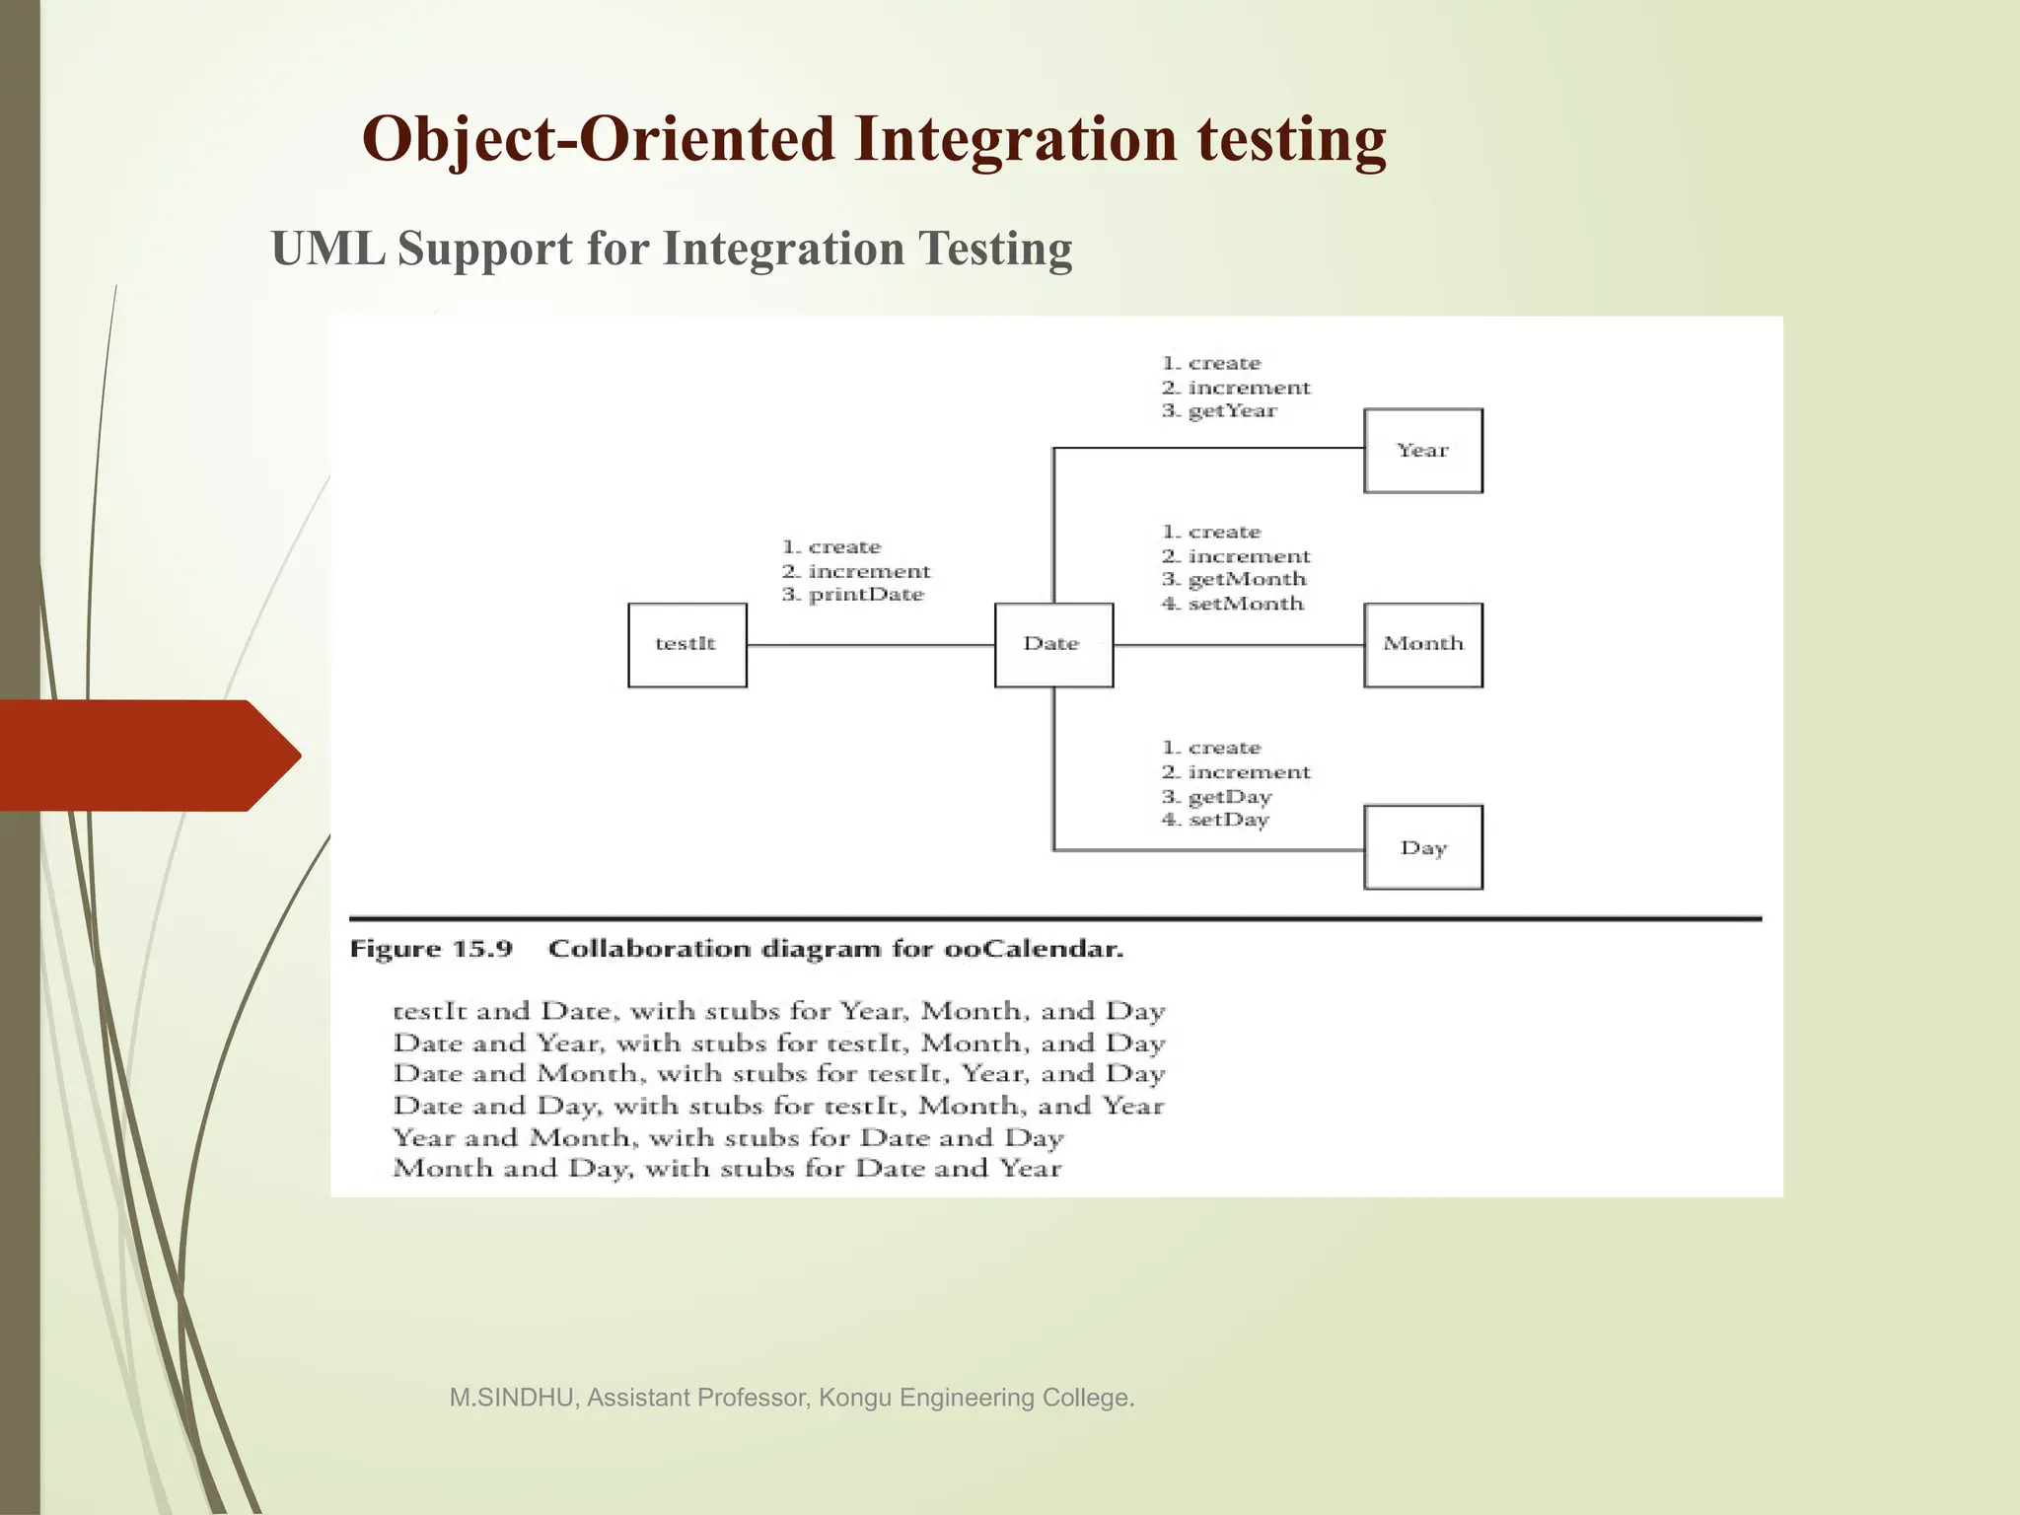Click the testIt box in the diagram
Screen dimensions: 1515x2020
click(x=687, y=645)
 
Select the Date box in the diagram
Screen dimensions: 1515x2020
click(x=1053, y=645)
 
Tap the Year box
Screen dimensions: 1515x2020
click(x=1422, y=451)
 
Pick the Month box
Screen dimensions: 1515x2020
click(x=1422, y=645)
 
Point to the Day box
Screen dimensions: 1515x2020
click(x=1422, y=848)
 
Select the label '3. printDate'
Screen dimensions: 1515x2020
click(x=853, y=595)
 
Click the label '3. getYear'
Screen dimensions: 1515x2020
click(x=1219, y=411)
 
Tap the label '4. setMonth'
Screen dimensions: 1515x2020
click(x=1233, y=604)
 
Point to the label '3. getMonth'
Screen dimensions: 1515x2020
click(x=1234, y=580)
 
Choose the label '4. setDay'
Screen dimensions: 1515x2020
click(x=1215, y=821)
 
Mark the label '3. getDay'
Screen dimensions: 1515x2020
click(x=1217, y=797)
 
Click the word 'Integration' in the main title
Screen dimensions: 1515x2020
click(x=1016, y=139)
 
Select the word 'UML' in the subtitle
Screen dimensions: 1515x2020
click(x=328, y=249)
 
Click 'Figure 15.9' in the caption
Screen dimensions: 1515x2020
click(x=431, y=950)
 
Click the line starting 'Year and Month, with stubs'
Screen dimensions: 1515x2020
click(x=728, y=1138)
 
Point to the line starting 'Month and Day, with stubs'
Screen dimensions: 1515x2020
click(x=727, y=1170)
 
